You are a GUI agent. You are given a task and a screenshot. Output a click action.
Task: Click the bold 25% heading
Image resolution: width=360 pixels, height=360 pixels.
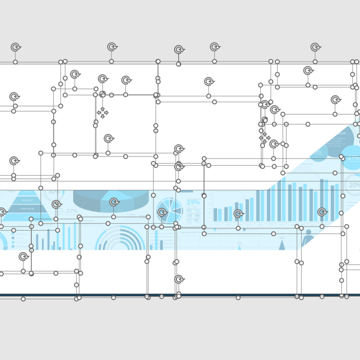point(193,202)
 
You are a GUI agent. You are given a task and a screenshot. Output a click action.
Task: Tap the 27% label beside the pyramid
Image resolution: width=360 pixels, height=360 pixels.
point(72,211)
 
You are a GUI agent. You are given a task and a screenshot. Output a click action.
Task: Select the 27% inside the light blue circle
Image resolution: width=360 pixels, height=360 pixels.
point(353,159)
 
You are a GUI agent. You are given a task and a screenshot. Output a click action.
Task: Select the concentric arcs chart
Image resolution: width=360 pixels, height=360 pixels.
point(120,240)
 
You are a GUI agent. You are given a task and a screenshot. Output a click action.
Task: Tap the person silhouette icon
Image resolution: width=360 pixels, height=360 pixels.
point(307,237)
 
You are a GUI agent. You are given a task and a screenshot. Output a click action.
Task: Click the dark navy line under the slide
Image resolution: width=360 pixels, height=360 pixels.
point(192,295)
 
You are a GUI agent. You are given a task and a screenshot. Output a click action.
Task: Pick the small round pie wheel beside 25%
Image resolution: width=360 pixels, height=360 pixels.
point(170,210)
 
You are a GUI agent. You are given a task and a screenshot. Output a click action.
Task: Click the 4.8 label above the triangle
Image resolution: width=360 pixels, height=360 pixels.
point(281,237)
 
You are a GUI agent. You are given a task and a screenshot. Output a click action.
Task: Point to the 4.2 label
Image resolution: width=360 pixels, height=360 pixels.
point(239,243)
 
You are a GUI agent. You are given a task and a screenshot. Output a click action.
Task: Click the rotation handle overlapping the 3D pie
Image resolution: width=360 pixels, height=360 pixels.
point(114,202)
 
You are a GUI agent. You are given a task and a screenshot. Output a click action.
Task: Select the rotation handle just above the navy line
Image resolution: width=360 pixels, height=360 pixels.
point(179,279)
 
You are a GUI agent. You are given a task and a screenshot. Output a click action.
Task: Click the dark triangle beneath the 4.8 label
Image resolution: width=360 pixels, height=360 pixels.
point(282,245)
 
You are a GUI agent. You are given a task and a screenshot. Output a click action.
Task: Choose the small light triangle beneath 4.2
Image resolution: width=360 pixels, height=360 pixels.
point(240,248)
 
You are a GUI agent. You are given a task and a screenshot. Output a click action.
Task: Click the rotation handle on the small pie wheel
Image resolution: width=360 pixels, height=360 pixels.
point(162,213)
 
